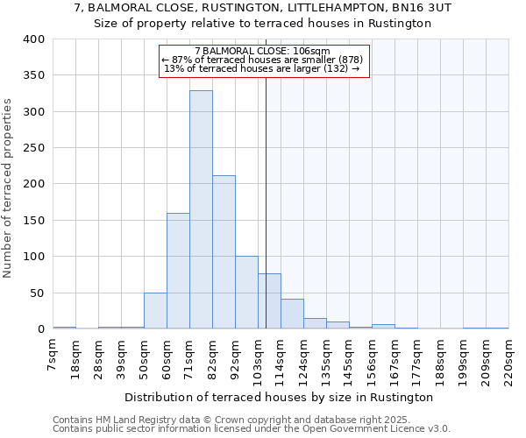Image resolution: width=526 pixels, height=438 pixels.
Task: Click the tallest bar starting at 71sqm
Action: click(x=201, y=210)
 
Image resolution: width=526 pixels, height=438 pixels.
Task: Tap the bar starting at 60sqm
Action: click(x=178, y=271)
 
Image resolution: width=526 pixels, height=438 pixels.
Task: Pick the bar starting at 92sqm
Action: click(x=246, y=293)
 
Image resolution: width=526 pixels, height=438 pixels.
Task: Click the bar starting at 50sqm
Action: click(x=155, y=311)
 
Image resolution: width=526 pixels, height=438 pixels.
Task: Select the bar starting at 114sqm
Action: click(x=292, y=314)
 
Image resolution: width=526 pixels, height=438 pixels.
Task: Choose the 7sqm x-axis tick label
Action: click(x=53, y=354)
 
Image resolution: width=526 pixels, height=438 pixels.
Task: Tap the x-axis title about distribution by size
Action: click(x=281, y=398)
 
